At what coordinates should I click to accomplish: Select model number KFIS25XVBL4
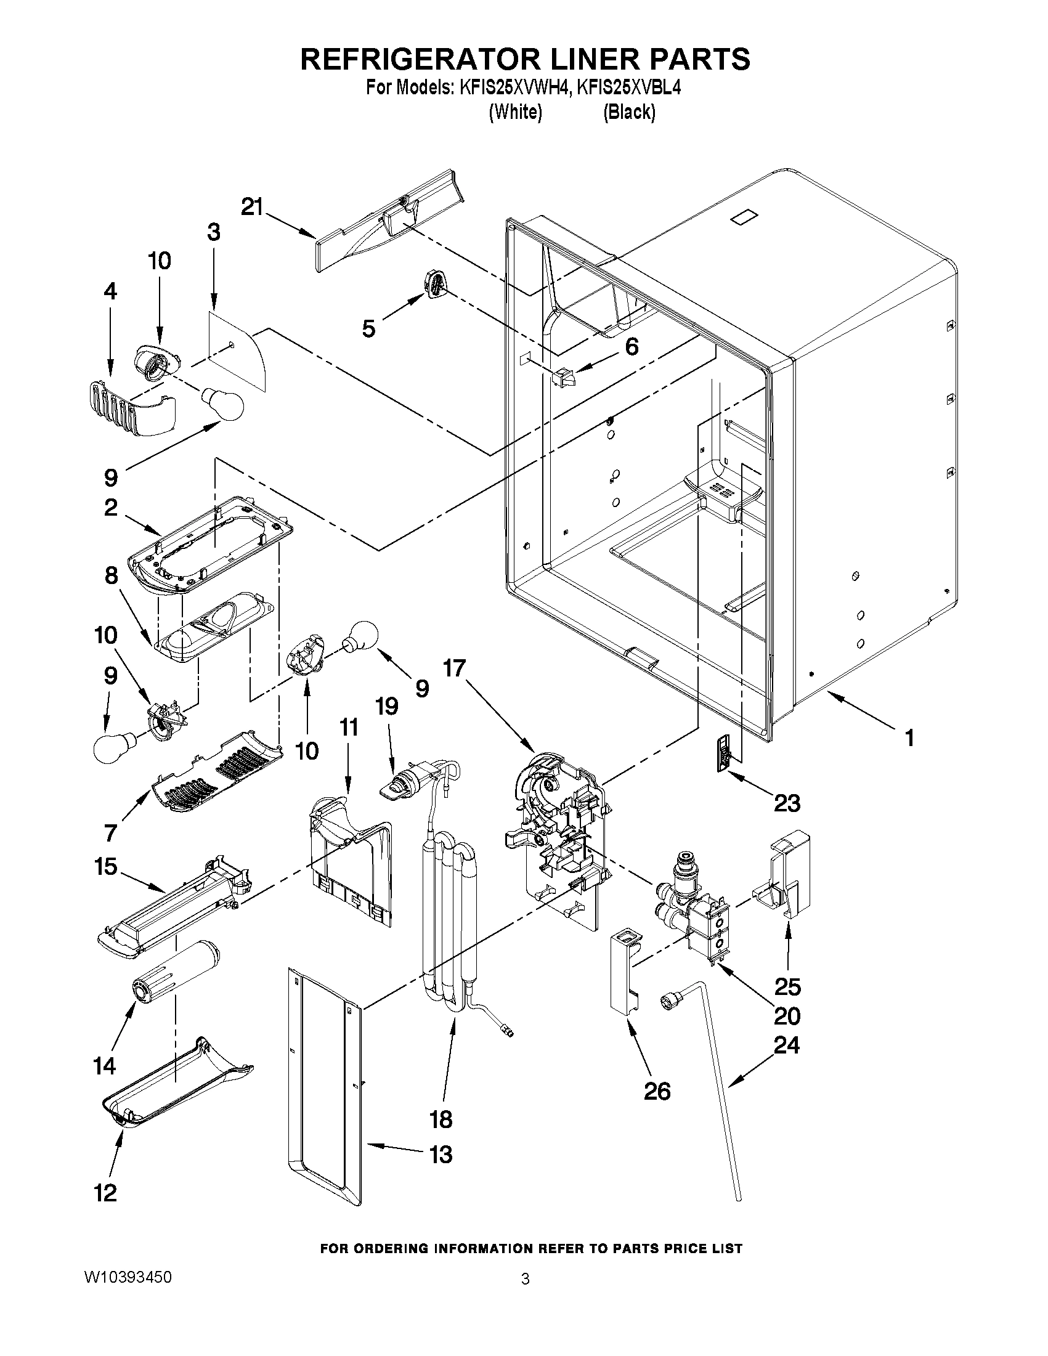628,88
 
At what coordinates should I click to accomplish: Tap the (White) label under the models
515,112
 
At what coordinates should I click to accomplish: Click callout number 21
252,207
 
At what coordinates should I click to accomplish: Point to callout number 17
454,669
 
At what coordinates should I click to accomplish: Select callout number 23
787,803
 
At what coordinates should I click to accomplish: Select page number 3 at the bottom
525,1278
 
